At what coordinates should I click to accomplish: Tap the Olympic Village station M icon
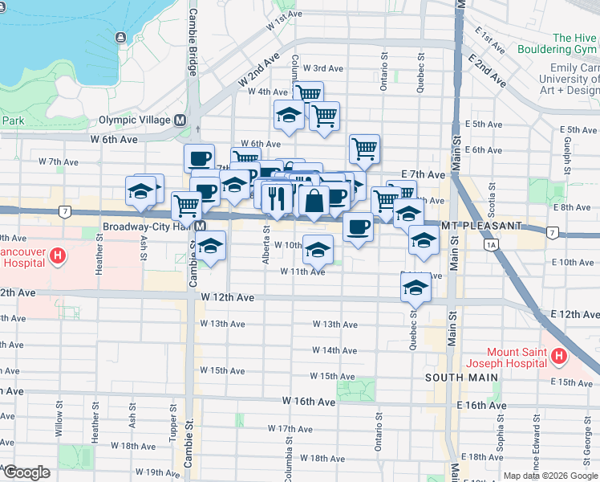pos(180,120)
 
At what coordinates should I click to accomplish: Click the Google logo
pos(26,473)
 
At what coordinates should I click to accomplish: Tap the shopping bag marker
pos(314,201)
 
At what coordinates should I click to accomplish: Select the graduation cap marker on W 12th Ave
pos(416,288)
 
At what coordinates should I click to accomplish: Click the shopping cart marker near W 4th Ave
pos(308,94)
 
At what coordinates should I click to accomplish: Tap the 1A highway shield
pos(491,243)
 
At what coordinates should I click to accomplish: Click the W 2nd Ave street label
pos(259,71)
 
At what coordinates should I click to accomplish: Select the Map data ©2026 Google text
pos(550,476)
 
